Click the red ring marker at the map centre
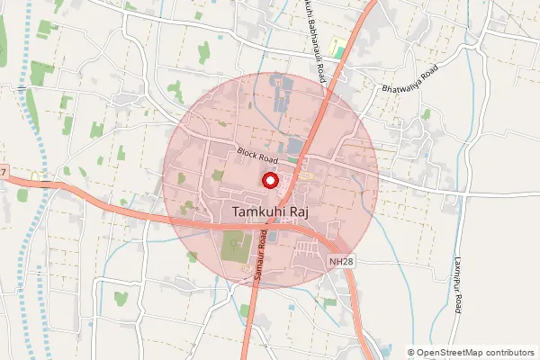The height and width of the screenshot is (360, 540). [x=269, y=181]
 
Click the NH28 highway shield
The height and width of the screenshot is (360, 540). [x=336, y=259]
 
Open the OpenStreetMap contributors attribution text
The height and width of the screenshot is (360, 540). [x=471, y=353]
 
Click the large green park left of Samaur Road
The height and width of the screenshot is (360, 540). [x=234, y=246]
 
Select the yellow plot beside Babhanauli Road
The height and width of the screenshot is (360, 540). [x=339, y=47]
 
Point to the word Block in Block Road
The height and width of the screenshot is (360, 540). [x=247, y=152]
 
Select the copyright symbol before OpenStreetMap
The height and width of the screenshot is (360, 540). [x=411, y=353]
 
